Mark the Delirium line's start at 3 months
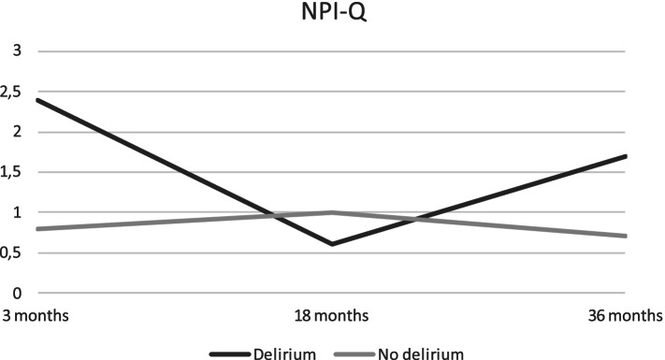(35, 99)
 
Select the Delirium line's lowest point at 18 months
(332, 244)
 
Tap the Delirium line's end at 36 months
(652, 156)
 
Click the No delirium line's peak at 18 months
(332, 212)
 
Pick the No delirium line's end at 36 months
(652, 236)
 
